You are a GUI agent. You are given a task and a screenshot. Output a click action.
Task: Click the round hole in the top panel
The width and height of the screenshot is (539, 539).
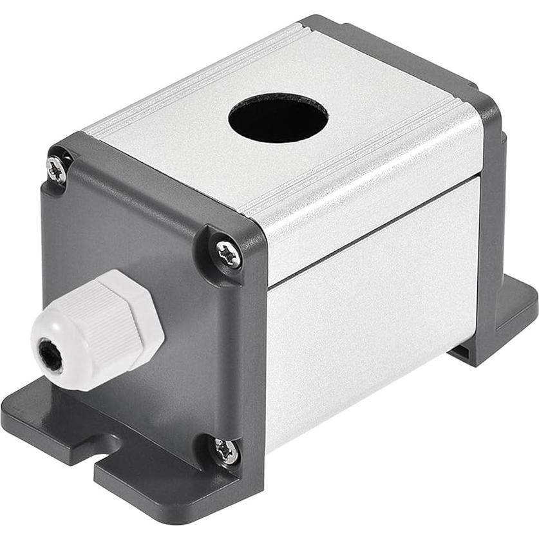tap(278, 118)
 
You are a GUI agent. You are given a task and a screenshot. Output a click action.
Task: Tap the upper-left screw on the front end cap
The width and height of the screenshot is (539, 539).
tap(57, 169)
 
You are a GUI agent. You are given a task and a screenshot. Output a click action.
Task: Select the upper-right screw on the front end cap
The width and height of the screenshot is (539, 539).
tap(228, 254)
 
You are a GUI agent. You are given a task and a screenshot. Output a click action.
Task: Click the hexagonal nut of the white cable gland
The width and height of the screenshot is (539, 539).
tap(131, 316)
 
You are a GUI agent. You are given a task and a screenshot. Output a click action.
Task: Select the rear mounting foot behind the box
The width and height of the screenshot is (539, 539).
tap(509, 316)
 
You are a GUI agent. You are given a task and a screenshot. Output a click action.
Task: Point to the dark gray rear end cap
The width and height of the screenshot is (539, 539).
tap(493, 148)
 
